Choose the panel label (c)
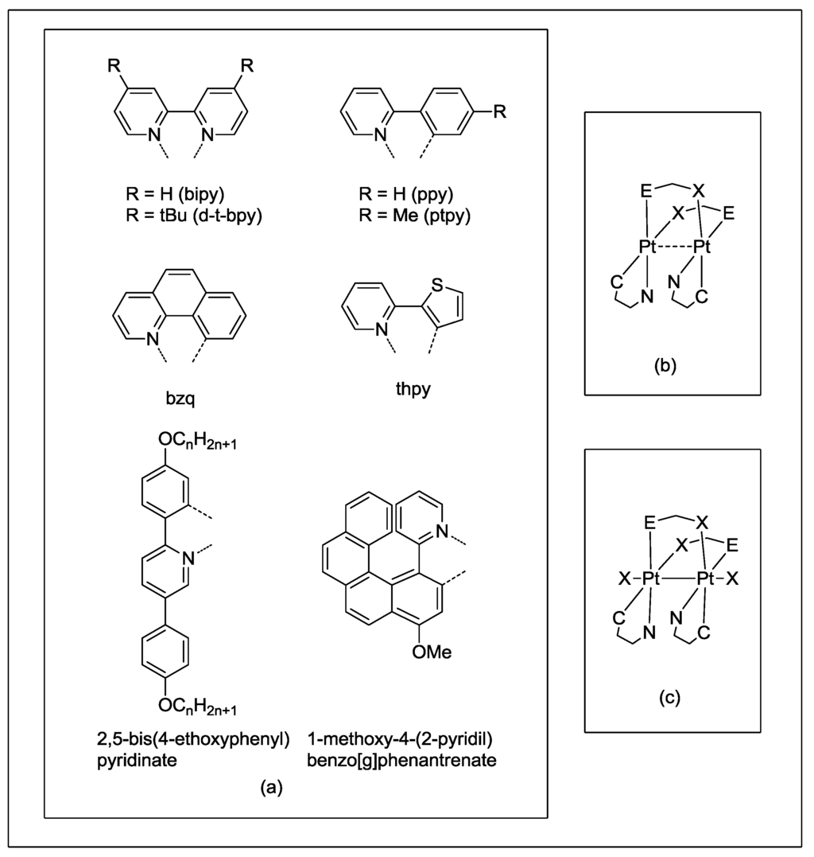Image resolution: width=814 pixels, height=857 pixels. [x=669, y=698]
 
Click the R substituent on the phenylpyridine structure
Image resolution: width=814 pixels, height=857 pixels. [x=499, y=112]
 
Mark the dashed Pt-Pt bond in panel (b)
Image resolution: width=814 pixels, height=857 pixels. [x=673, y=248]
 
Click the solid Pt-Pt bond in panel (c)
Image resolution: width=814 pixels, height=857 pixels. [x=673, y=578]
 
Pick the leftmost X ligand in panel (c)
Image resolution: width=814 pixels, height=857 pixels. [x=625, y=578]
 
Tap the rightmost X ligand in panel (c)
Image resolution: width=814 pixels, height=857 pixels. [x=731, y=578]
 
